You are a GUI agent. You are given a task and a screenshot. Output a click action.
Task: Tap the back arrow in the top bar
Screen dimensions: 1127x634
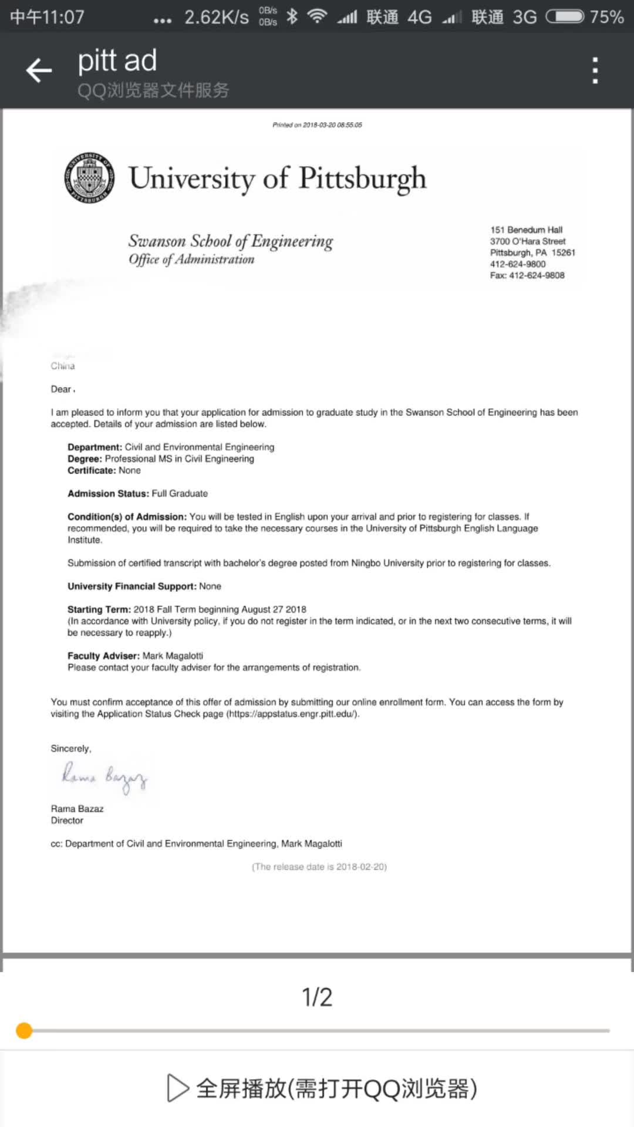click(39, 70)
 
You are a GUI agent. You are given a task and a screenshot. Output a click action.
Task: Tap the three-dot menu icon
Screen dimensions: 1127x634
click(595, 70)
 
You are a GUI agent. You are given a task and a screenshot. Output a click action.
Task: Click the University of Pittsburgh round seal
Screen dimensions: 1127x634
click(89, 178)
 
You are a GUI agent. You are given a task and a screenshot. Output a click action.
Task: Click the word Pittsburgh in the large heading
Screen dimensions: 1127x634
click(362, 178)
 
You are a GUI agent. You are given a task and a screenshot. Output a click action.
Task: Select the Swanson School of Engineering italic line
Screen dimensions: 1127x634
click(231, 241)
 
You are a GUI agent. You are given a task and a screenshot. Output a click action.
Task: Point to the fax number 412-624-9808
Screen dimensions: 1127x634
click(537, 275)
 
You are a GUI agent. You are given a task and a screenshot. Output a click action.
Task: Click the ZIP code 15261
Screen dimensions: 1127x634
click(564, 252)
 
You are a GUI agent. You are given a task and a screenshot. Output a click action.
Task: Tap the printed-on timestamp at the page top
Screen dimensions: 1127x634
click(317, 125)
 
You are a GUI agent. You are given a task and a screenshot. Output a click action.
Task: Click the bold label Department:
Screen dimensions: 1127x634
click(95, 447)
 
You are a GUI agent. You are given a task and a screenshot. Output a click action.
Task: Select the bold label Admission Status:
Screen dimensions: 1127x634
click(108, 494)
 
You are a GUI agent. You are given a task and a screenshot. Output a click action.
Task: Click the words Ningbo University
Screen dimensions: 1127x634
click(387, 563)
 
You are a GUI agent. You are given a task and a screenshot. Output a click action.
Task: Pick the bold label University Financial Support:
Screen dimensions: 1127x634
click(131, 586)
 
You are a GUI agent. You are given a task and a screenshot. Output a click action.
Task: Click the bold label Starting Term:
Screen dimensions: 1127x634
click(99, 609)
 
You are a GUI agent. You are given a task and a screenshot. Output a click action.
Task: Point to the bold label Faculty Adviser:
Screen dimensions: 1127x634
click(103, 656)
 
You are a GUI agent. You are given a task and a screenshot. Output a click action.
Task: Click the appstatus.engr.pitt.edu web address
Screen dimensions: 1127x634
click(292, 714)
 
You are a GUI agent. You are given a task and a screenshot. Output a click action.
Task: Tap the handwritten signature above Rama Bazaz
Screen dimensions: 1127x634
click(104, 778)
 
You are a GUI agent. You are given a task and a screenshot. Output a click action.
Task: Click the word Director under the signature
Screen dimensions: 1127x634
click(67, 821)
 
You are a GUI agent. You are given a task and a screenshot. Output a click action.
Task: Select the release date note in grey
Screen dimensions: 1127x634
click(319, 867)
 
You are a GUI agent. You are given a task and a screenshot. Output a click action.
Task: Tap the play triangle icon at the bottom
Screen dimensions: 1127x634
click(177, 1088)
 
